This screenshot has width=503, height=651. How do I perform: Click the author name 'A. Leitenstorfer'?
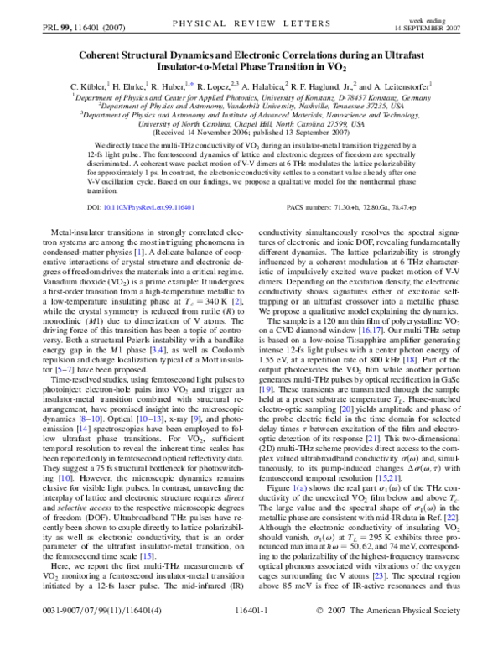pos(396,86)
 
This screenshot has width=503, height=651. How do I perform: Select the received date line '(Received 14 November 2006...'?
pos(252,131)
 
